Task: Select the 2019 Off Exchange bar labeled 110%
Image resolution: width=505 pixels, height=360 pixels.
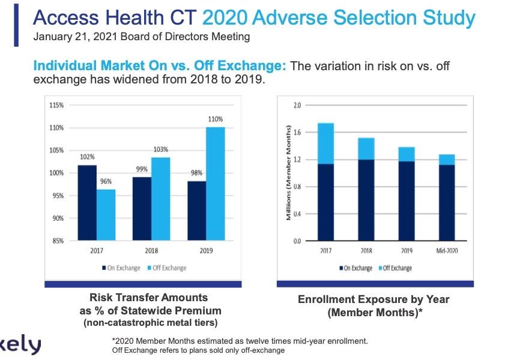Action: click(x=216, y=184)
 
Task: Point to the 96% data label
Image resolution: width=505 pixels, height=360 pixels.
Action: click(x=106, y=181)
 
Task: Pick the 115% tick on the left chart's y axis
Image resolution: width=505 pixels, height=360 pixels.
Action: click(x=56, y=105)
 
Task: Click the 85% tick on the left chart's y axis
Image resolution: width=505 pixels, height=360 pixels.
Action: click(x=58, y=242)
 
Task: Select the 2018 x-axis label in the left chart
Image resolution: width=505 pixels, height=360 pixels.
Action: click(x=151, y=251)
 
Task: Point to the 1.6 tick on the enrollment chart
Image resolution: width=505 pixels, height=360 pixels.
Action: click(x=296, y=133)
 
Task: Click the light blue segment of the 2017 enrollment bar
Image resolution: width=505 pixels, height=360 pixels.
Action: click(x=325, y=143)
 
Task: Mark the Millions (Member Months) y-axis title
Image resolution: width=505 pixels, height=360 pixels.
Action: click(x=289, y=173)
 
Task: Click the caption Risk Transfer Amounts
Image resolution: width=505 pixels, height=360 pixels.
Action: click(x=148, y=298)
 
